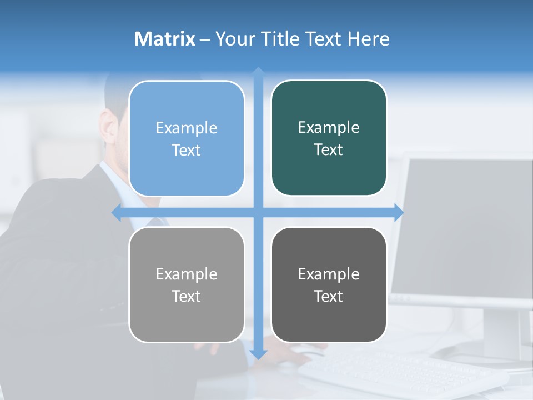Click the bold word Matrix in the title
(165, 39)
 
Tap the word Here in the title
(368, 39)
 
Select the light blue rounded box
(187, 138)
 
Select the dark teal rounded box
(329, 138)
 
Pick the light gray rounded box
(187, 284)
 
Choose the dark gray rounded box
(329, 284)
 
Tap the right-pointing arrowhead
(399, 212)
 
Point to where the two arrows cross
(258, 213)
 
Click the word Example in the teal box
(329, 127)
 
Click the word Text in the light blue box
(186, 150)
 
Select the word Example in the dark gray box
(329, 274)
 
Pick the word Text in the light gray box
(186, 296)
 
